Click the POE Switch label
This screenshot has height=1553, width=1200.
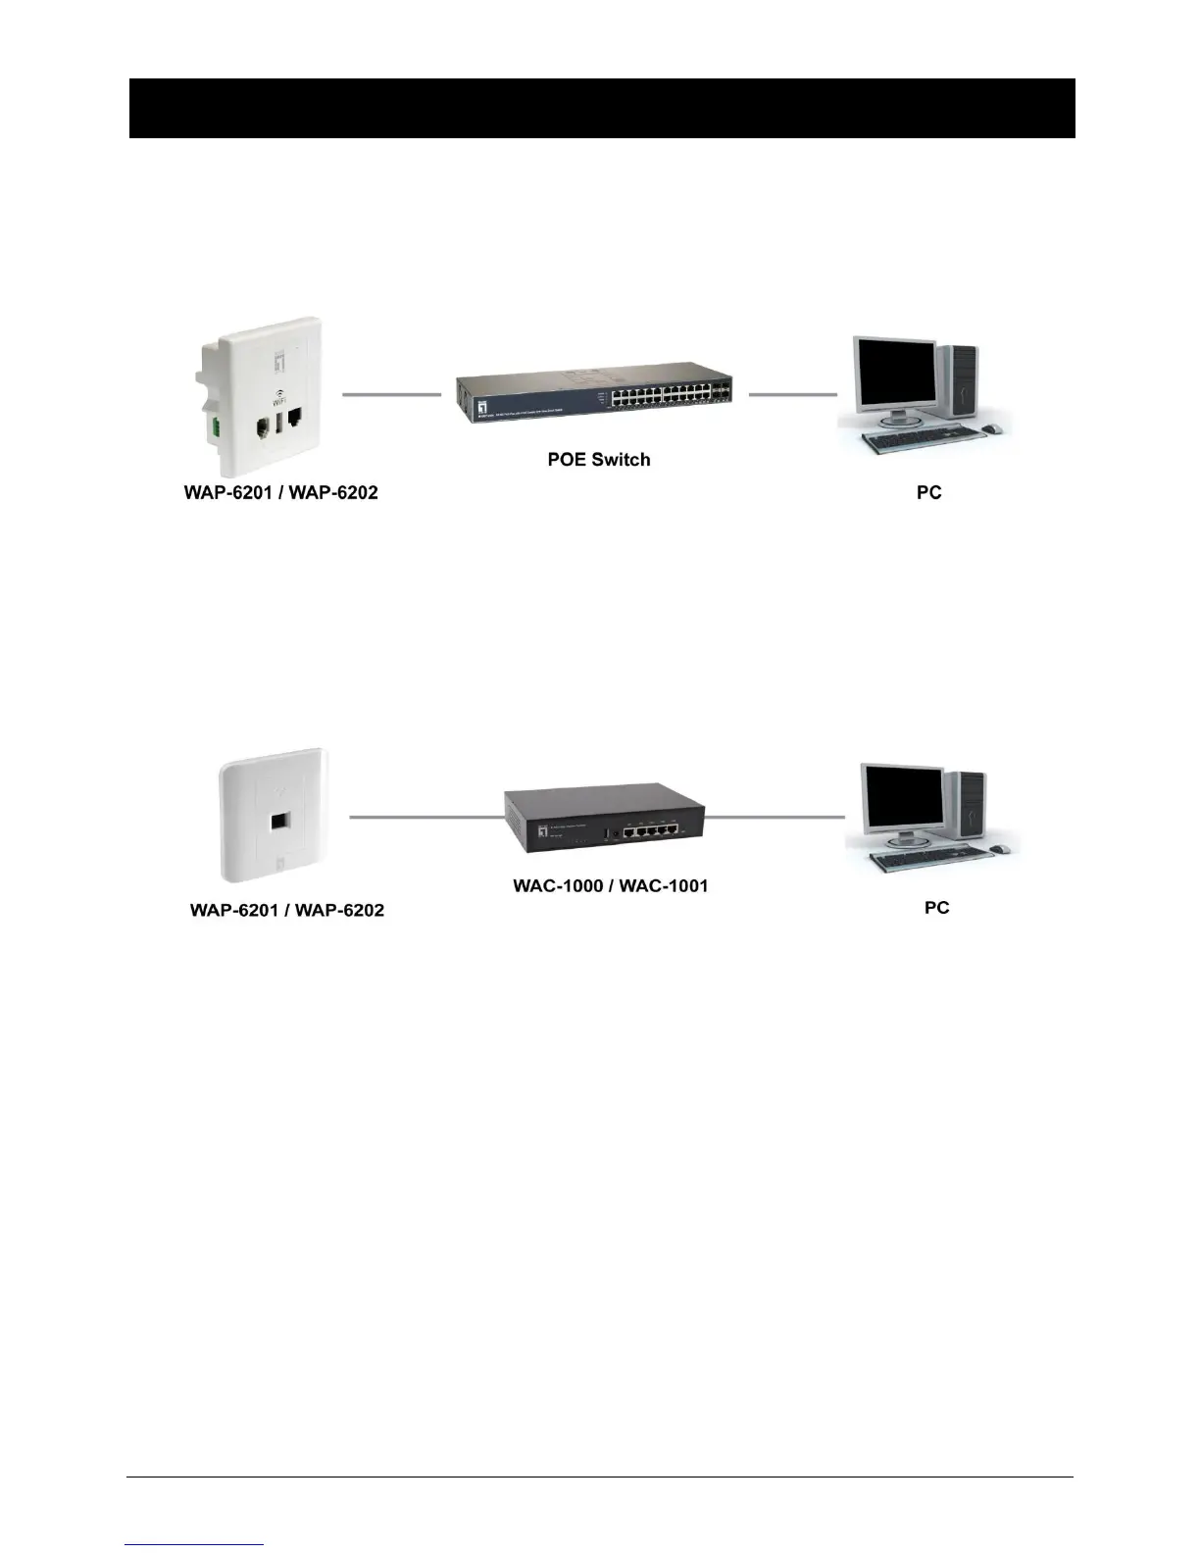[x=598, y=459]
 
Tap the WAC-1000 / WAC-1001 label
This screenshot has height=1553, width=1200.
[x=610, y=885]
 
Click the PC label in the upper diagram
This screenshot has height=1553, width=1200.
[x=928, y=492]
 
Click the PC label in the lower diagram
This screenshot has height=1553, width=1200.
[x=936, y=907]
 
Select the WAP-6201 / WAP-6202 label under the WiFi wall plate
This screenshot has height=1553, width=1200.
[x=280, y=492]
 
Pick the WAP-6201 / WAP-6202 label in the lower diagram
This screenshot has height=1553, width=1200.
[x=286, y=910]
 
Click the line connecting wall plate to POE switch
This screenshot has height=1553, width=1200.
[x=391, y=394]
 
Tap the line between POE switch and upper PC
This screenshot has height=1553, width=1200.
[x=792, y=394]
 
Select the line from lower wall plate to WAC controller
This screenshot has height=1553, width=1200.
[x=426, y=816]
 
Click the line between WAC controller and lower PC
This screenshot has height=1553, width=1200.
[x=775, y=816]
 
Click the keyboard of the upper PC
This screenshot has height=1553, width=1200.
[x=922, y=441]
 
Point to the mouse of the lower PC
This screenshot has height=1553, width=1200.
[x=998, y=848]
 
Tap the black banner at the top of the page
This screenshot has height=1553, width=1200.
[x=602, y=108]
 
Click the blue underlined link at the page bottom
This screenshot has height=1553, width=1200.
[x=194, y=1544]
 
